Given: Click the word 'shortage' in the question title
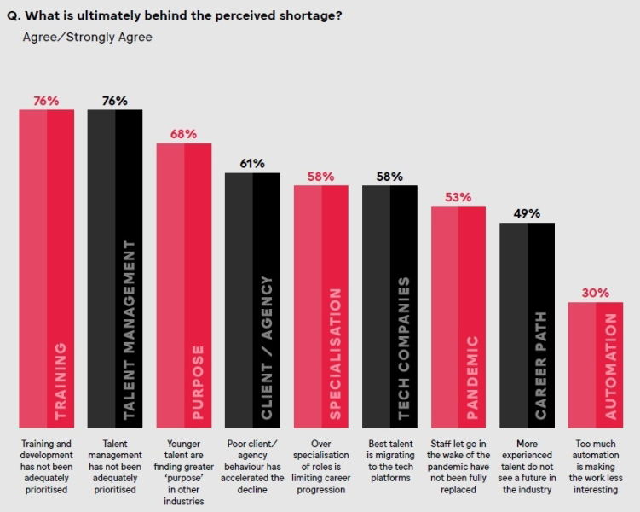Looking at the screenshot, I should tap(307, 15).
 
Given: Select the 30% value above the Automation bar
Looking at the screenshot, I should tap(596, 293).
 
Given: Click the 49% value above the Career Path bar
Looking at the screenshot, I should tap(527, 213).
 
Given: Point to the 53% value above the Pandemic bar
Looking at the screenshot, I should tap(458, 197).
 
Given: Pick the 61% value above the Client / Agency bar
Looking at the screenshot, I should tap(252, 163).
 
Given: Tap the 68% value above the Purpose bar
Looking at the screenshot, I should tap(183, 134).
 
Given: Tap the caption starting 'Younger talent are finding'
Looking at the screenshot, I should tap(183, 471).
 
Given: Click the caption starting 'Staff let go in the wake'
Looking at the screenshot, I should tap(458, 465).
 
